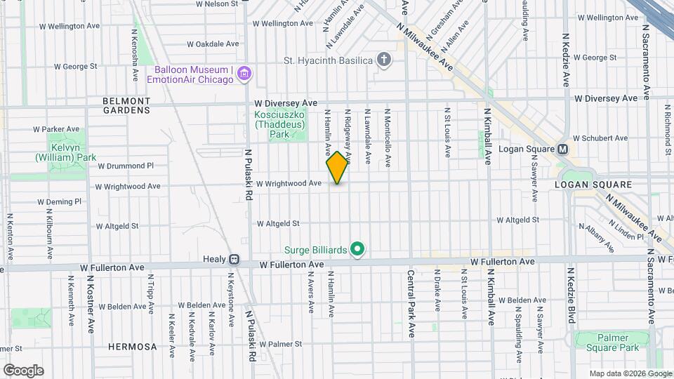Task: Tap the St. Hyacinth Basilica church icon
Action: tap(383, 60)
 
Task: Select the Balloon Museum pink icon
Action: tap(244, 74)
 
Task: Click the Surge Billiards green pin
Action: tap(357, 249)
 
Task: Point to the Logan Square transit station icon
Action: tap(563, 149)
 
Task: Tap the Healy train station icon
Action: tap(234, 259)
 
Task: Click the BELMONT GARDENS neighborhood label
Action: tap(126, 105)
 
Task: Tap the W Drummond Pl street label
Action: tap(126, 166)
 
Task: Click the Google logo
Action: tap(23, 371)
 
